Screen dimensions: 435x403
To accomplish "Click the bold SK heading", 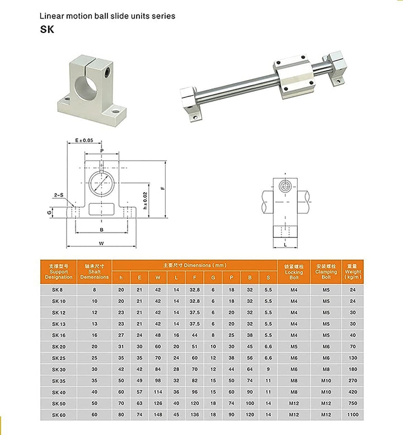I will (47, 30).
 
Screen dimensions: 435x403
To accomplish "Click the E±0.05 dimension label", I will (84, 141).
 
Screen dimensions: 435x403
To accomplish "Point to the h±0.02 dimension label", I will (146, 200).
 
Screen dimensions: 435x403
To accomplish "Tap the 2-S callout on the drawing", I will (59, 195).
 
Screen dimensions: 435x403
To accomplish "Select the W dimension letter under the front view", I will (101, 243).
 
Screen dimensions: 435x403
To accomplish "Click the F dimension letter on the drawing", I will (162, 188).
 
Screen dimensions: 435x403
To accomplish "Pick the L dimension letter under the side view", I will (285, 245).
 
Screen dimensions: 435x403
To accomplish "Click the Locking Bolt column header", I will (294, 272).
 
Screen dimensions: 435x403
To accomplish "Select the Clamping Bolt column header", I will (326, 272).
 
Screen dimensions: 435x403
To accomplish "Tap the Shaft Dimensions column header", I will (94, 273).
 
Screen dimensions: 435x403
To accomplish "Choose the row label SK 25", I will (59, 358).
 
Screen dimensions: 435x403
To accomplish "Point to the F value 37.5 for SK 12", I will (194, 312).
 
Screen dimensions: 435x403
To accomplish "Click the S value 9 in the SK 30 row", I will (268, 369).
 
